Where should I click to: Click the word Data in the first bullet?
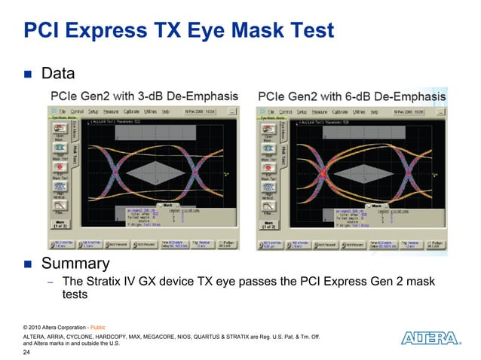pyautogui.click(x=58, y=75)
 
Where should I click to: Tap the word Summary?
pyautogui.click(x=75, y=264)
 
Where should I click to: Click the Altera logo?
pyautogui.click(x=430, y=338)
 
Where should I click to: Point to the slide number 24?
pyautogui.click(x=28, y=352)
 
